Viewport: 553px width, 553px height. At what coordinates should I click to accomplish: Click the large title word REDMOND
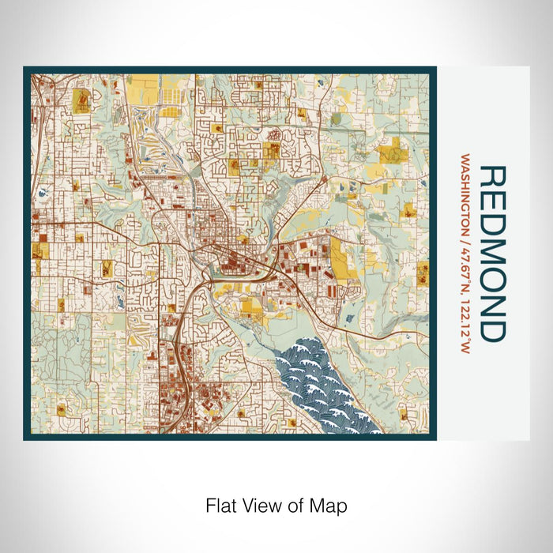[x=492, y=254]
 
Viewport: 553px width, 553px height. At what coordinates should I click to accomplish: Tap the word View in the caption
[x=260, y=505]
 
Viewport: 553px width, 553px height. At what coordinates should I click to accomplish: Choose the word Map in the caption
[x=331, y=505]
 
